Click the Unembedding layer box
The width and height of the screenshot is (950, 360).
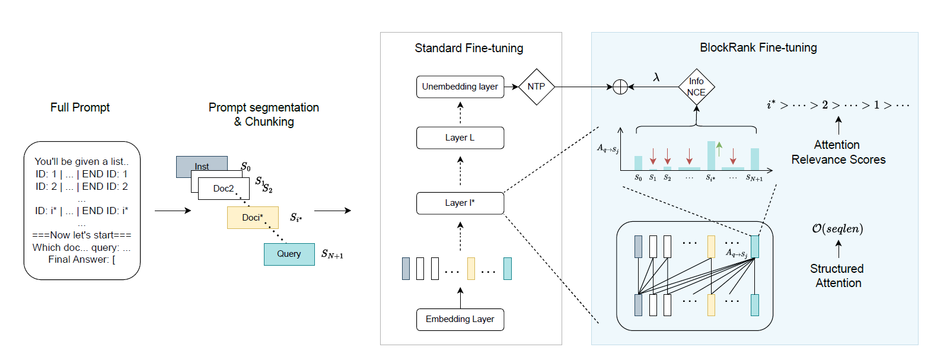click(460, 87)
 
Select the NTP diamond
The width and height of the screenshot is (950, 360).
click(536, 87)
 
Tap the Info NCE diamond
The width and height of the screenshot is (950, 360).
click(696, 87)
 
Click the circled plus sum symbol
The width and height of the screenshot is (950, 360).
click(620, 87)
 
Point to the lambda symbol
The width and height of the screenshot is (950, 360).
click(656, 77)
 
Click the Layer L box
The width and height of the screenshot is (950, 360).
click(460, 138)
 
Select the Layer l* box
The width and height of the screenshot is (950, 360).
click(460, 203)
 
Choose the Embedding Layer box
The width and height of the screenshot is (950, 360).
click(460, 319)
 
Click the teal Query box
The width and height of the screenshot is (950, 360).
click(289, 254)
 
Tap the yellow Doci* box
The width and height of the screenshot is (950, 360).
click(253, 218)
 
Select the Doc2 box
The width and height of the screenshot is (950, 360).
click(224, 189)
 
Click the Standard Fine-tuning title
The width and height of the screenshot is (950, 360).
click(468, 48)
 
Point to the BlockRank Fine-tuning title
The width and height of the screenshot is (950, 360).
click(758, 47)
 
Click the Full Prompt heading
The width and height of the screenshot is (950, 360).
click(80, 107)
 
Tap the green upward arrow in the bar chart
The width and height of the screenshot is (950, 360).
click(719, 148)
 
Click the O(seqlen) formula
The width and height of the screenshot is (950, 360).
click(837, 228)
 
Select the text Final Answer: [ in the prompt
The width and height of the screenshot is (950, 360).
click(82, 259)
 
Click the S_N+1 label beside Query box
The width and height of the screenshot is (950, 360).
click(332, 254)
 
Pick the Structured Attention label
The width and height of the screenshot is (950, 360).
click(837, 276)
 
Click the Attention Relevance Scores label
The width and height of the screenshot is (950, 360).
click(837, 152)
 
